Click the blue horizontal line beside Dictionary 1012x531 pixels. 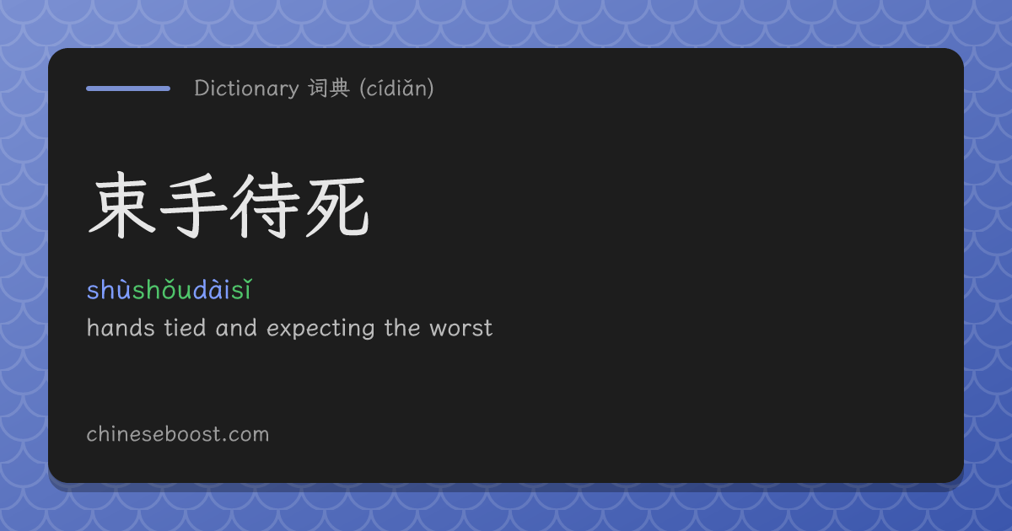coord(128,88)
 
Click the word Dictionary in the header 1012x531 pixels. coord(246,88)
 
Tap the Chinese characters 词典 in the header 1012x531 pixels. coord(329,88)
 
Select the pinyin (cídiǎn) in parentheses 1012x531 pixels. coord(396,88)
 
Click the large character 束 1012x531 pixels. coord(122,206)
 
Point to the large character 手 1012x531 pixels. coord(193,206)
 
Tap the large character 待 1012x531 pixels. coord(265,206)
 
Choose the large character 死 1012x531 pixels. coord(337,206)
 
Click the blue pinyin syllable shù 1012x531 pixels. coord(110,289)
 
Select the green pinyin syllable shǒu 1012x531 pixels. coord(163,289)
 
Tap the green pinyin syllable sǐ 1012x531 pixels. coord(241,289)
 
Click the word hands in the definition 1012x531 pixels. coord(121,328)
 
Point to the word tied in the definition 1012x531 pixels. coord(185,328)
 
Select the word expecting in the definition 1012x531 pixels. coord(320,329)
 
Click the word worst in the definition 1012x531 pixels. coord(460,328)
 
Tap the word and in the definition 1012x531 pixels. coord(236,328)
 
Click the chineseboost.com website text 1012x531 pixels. coord(178,434)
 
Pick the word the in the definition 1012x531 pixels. coord(402,328)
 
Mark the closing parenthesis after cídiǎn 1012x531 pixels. coord(431,88)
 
